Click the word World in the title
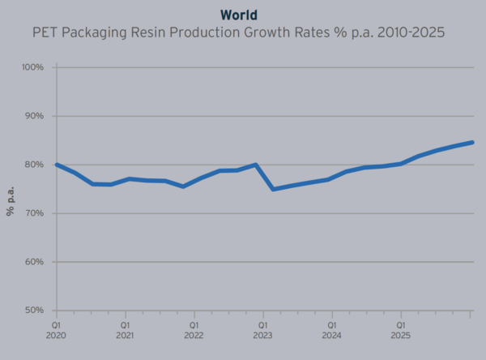tap(242, 14)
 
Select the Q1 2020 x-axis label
tap(56, 328)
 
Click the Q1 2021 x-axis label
tap(125, 328)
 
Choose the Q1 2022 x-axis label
tap(194, 328)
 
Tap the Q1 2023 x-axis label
tap(262, 328)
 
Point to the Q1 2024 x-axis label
tap(331, 328)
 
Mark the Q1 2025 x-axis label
tap(400, 328)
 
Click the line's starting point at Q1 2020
tap(56, 165)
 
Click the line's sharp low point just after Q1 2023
tap(272, 189)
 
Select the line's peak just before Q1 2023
tap(256, 165)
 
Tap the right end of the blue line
tap(472, 143)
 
